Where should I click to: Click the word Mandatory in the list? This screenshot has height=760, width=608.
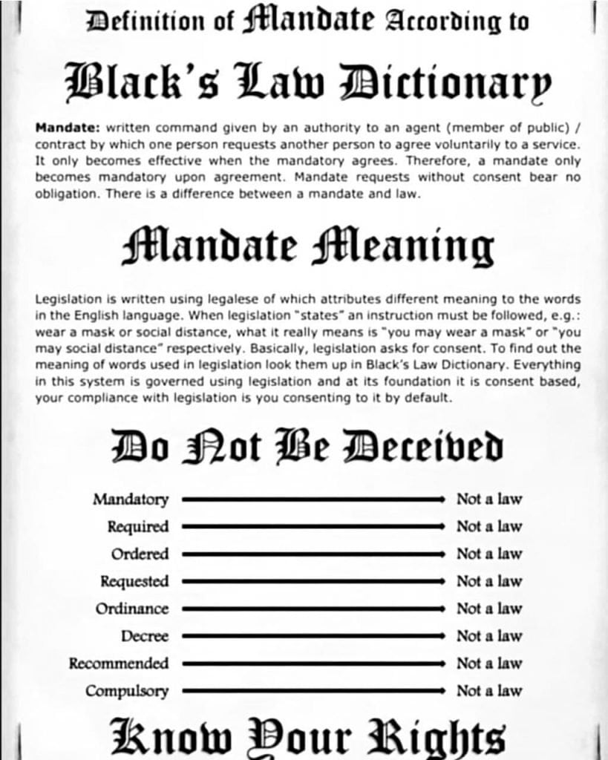coord(131,499)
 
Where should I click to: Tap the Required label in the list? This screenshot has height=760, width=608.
coord(138,527)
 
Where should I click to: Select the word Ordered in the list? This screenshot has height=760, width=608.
coord(140,554)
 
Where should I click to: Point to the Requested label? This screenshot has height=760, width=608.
coord(134,581)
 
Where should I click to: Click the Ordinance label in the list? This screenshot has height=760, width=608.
coord(132,609)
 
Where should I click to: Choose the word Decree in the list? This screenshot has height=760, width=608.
coord(145,636)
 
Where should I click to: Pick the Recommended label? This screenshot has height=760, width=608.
coord(119,664)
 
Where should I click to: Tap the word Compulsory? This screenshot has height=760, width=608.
coord(127,691)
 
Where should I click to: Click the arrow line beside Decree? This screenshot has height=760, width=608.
coord(313,636)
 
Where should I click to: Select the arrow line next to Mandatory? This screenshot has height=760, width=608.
coord(313,499)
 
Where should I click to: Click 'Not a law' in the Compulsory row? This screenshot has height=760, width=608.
coord(488,691)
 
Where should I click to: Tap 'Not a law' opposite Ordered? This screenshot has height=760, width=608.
coord(488,554)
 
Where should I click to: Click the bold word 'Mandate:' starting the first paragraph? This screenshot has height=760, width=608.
coord(62,128)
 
